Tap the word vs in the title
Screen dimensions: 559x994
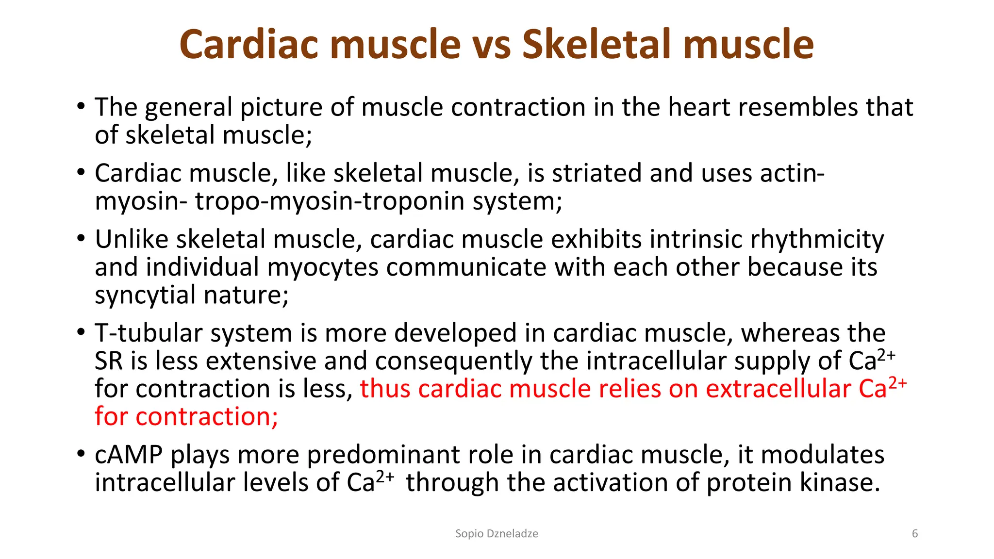tap(491, 45)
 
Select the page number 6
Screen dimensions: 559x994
tap(915, 534)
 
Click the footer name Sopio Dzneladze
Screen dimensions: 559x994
tap(497, 534)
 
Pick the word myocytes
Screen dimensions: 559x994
tap(322, 267)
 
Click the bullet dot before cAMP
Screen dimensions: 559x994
tap(81, 454)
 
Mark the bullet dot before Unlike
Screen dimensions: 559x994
tap(81, 238)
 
